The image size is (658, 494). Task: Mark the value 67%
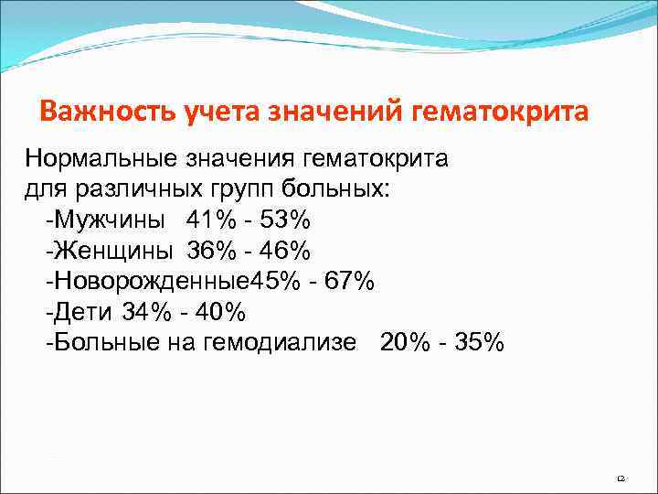(347, 281)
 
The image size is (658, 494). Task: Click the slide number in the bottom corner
(620, 478)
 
